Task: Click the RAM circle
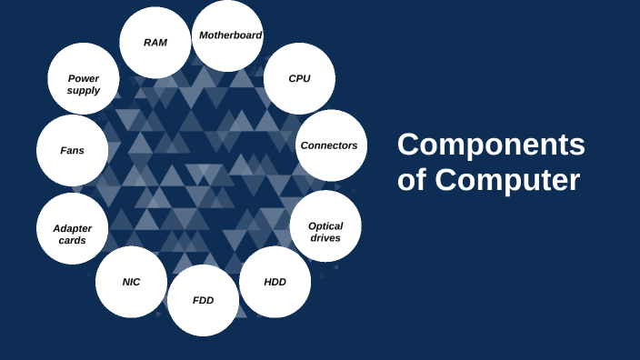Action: pos(155,43)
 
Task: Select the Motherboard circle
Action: pos(228,35)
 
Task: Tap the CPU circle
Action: pos(299,78)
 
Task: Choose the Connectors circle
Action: pos(331,145)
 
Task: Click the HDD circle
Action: pos(275,282)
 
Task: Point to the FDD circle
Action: pos(203,300)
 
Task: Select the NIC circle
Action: pos(131,282)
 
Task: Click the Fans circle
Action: pos(72,151)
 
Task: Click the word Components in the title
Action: pos(491,145)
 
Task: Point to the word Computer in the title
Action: pos(507,180)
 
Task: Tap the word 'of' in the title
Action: pos(412,180)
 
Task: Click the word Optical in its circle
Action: pos(325,226)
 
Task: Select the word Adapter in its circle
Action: pos(72,228)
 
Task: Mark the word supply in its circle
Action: pos(84,90)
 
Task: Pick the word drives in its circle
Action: pos(325,238)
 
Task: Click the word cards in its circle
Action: pos(72,241)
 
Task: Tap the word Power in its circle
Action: pos(84,78)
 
